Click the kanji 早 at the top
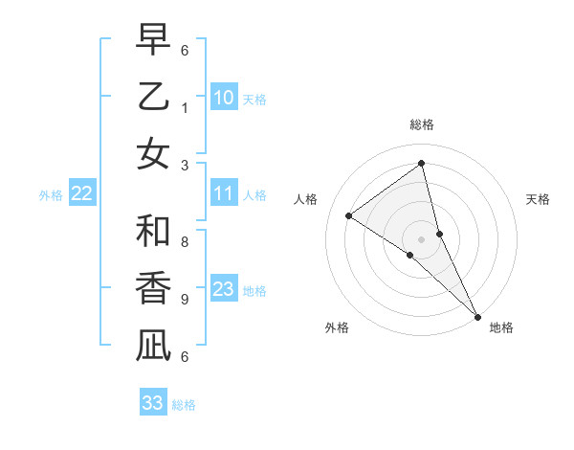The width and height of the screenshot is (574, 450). point(153,40)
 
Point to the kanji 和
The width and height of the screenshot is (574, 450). point(153,231)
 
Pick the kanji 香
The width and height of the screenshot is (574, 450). point(153,287)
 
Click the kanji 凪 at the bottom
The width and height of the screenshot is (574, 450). point(153,345)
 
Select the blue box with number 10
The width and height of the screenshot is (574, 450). point(224,97)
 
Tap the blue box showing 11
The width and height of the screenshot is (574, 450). point(224,194)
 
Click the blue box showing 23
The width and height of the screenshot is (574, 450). point(224,290)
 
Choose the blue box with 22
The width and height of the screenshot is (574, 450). point(82,194)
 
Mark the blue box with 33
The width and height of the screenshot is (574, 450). point(153,403)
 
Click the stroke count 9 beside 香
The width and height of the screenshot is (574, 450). point(184,299)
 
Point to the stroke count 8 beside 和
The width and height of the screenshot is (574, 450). point(184,242)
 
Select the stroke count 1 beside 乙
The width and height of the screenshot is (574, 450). point(184,107)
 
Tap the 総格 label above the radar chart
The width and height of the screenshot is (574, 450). point(422,124)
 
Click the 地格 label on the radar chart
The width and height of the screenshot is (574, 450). point(501,327)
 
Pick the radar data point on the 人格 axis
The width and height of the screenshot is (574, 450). point(348,215)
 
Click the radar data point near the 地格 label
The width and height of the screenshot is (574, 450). point(475,315)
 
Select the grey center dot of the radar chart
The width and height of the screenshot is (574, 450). point(422,238)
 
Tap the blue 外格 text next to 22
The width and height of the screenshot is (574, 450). point(51,195)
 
